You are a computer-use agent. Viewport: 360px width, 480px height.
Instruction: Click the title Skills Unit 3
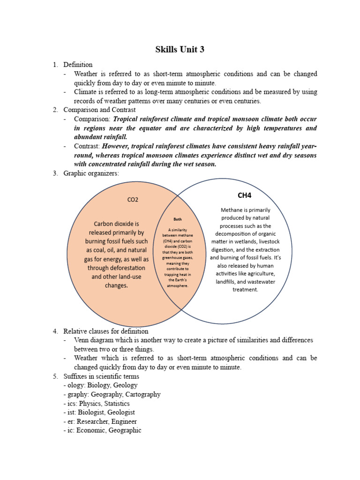tap(180, 50)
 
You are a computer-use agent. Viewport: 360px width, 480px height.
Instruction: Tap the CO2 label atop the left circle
tap(133, 200)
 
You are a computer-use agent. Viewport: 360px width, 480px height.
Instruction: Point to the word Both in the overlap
tap(178, 219)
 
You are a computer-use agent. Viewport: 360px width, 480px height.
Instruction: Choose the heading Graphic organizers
tap(91, 173)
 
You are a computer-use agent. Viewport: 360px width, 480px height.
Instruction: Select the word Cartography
tap(142, 394)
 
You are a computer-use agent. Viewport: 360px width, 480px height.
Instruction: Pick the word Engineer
tap(122, 421)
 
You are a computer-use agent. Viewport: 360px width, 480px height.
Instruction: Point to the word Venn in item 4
tap(82, 340)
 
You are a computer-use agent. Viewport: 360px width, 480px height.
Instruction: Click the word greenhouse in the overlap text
tap(177, 257)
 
